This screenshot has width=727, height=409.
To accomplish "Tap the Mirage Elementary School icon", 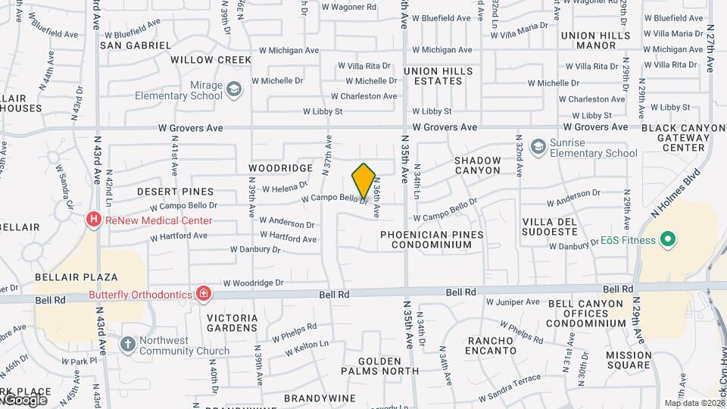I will [234, 91].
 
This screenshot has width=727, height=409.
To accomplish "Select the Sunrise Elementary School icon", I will [538, 145].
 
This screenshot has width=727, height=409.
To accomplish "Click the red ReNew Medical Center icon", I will [94, 220].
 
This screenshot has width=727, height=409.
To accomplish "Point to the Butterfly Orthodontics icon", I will [203, 293].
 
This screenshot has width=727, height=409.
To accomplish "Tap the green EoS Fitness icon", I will [667, 240].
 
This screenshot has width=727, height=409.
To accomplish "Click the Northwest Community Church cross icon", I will [127, 345].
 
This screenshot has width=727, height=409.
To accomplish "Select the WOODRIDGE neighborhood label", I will [280, 167].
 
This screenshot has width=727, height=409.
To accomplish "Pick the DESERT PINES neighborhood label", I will [176, 192].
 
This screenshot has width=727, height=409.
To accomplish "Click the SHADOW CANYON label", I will [478, 165].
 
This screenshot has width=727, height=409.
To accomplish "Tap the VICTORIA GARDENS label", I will [232, 323].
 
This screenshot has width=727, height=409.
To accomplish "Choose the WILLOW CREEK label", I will [211, 59].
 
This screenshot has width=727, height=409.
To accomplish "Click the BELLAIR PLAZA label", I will [76, 277].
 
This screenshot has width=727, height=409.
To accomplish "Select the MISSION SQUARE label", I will [629, 360].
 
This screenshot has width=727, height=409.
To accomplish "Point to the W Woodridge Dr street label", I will [257, 283].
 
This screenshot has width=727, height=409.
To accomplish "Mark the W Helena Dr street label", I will [285, 186].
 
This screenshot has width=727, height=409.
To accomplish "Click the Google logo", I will [24, 400].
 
